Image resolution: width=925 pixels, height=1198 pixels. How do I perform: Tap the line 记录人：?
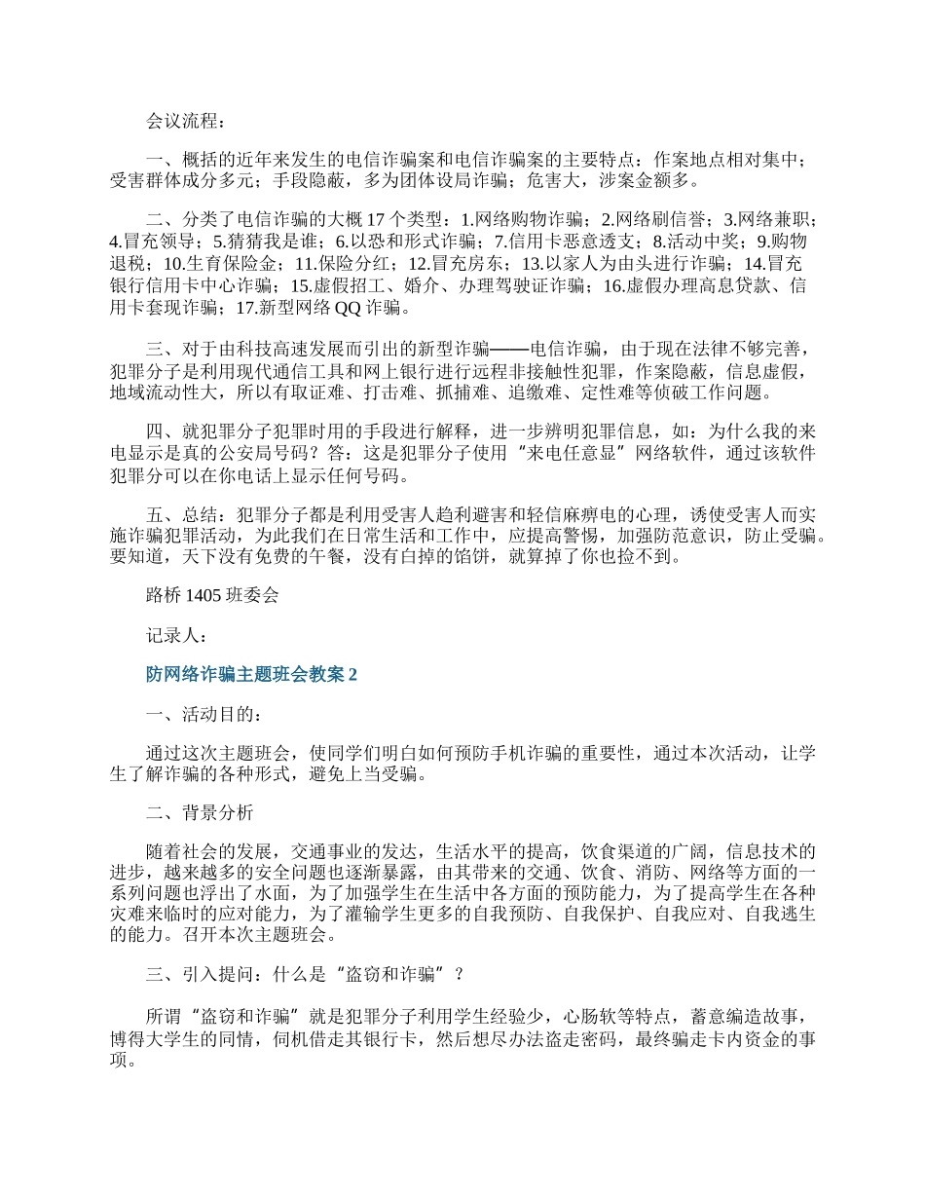pos(176,635)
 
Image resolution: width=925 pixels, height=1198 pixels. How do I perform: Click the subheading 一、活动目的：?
pos(203,714)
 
